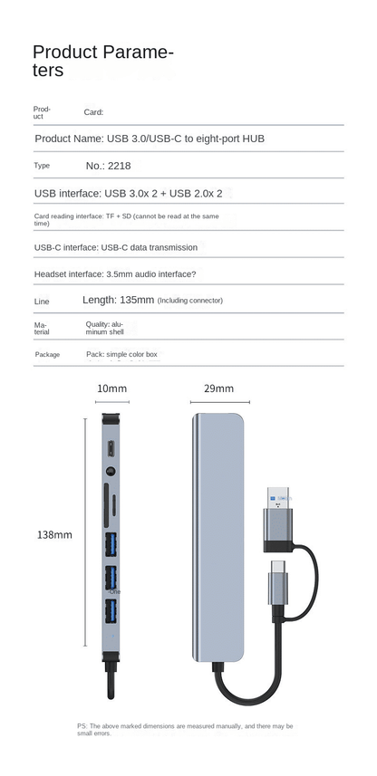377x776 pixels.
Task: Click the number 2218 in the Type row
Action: tap(118, 166)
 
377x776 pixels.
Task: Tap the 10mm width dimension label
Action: tap(112, 388)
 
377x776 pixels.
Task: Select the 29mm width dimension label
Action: tap(219, 388)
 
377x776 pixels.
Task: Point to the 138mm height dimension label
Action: tap(54, 534)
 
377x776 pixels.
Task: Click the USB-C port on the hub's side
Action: tap(111, 448)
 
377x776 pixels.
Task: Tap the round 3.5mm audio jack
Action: tap(111, 472)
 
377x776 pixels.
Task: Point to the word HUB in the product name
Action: tap(252, 139)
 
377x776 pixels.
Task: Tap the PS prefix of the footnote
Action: tap(82, 725)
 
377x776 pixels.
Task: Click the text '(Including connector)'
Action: tap(190, 301)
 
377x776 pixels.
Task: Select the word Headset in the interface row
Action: tap(53, 273)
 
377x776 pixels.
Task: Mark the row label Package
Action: tap(47, 354)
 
